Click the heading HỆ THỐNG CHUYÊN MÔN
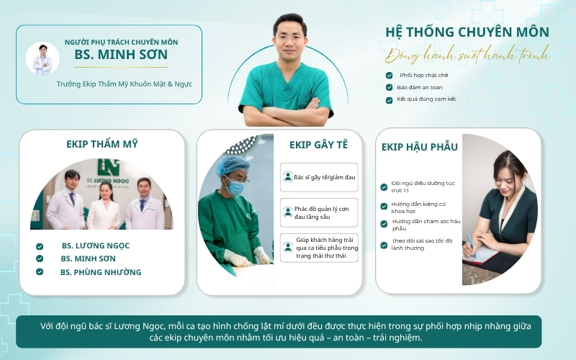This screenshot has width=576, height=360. click(467, 32)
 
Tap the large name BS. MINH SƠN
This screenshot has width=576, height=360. click(121, 55)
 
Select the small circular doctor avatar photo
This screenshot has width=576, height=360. click(42, 58)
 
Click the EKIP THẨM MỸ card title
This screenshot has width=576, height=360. click(102, 144)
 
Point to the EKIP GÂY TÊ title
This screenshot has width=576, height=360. click(318, 145)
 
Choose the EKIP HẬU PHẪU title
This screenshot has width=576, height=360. click(420, 147)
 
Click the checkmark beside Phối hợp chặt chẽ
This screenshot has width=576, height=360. click(389, 76)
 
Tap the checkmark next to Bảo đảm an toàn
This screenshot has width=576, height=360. click(389, 87)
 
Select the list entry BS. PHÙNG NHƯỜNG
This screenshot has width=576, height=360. click(101, 272)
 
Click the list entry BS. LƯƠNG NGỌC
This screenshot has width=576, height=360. click(96, 246)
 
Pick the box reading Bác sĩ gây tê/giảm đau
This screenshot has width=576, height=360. click(319, 177)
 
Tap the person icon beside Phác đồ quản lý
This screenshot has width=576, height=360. click(287, 212)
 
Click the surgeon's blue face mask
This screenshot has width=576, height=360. click(235, 187)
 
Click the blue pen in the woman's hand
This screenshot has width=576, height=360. click(471, 246)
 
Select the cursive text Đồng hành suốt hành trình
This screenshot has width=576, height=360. click(467, 55)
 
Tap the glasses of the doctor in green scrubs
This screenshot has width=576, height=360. click(290, 37)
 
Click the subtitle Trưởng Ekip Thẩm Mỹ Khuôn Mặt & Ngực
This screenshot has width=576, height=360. click(124, 84)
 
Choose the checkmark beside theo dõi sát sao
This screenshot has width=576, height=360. click(384, 245)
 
